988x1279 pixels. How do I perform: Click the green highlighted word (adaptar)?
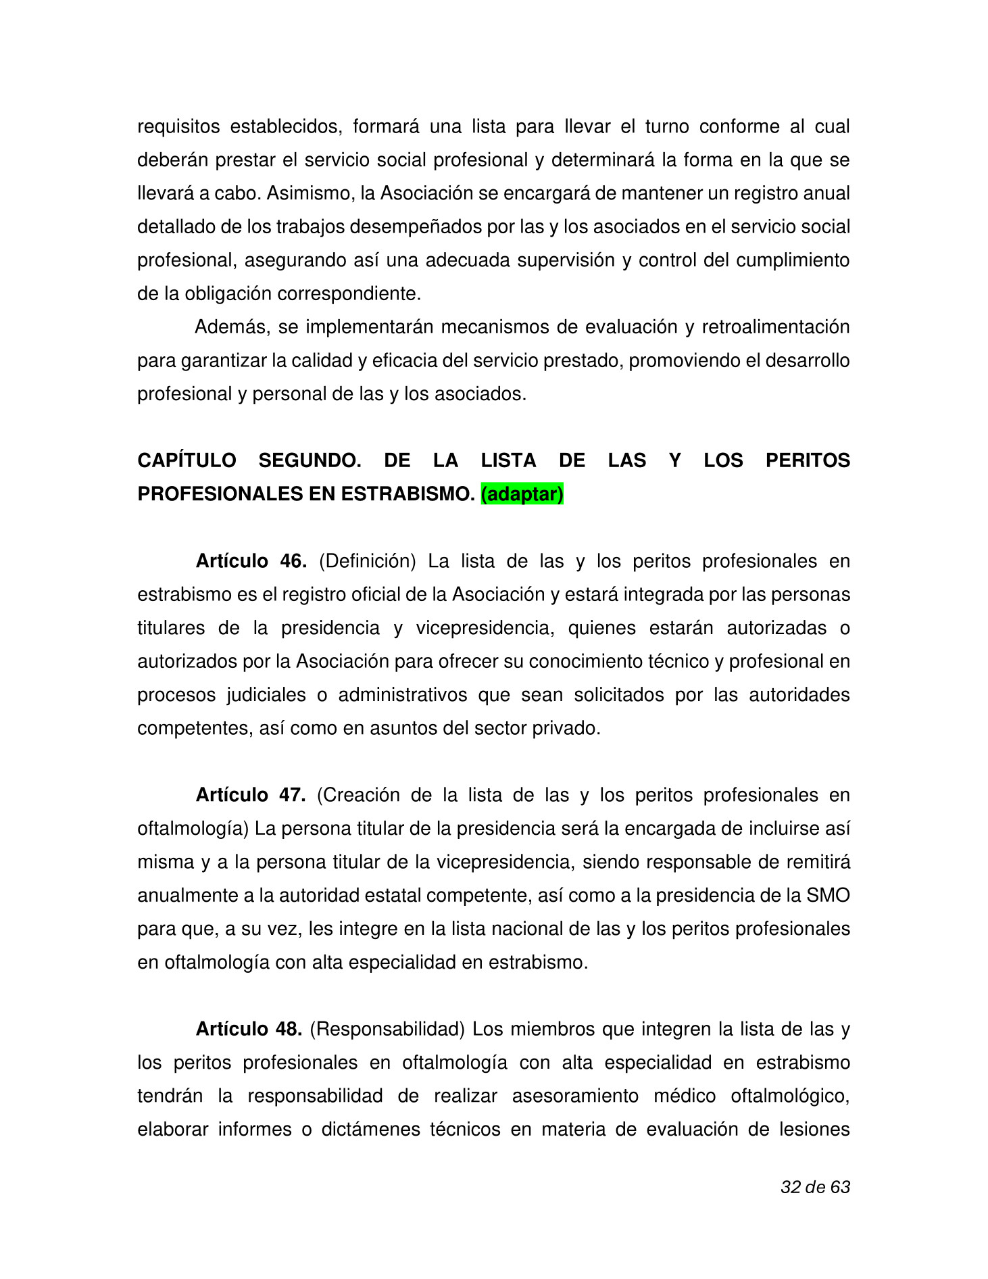[522, 494]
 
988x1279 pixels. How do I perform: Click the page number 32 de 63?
[815, 1187]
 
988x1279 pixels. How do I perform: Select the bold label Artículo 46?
[251, 561]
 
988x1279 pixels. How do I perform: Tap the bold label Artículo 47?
[251, 795]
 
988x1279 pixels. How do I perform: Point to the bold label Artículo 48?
[249, 1029]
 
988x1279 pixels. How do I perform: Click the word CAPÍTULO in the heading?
[187, 460]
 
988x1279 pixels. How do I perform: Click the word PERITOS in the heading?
[808, 460]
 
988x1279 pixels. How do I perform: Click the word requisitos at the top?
[179, 126]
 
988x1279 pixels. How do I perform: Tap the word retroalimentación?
[775, 327]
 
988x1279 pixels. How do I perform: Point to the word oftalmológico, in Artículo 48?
[790, 1096]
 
